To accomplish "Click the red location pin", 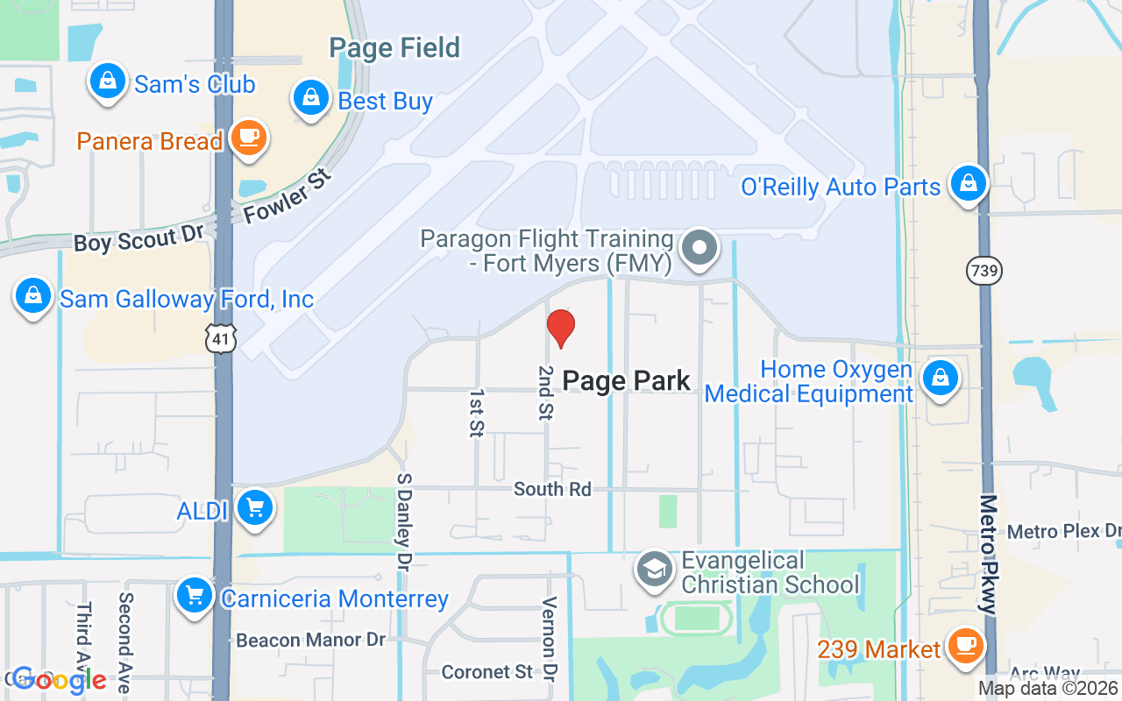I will [561, 327].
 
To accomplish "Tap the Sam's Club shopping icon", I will [107, 81].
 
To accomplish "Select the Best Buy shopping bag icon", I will [311, 99].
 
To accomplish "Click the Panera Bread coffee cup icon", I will [249, 138].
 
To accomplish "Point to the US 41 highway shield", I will [220, 336].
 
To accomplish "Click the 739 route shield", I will [984, 271].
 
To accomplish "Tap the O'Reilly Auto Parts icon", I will [968, 184].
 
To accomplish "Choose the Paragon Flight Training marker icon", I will [699, 248].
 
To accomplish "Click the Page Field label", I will [394, 47].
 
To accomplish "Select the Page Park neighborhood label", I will [626, 380].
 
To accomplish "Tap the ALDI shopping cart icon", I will [255, 507].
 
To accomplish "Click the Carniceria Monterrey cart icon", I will [195, 597].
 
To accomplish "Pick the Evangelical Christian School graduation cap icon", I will [654, 570].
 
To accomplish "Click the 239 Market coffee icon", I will [965, 647].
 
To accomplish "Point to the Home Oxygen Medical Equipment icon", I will [940, 379].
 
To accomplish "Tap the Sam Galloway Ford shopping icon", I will [33, 296].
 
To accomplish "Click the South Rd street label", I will [552, 489].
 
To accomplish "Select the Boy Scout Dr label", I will [138, 239].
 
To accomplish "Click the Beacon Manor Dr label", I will [310, 641].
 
